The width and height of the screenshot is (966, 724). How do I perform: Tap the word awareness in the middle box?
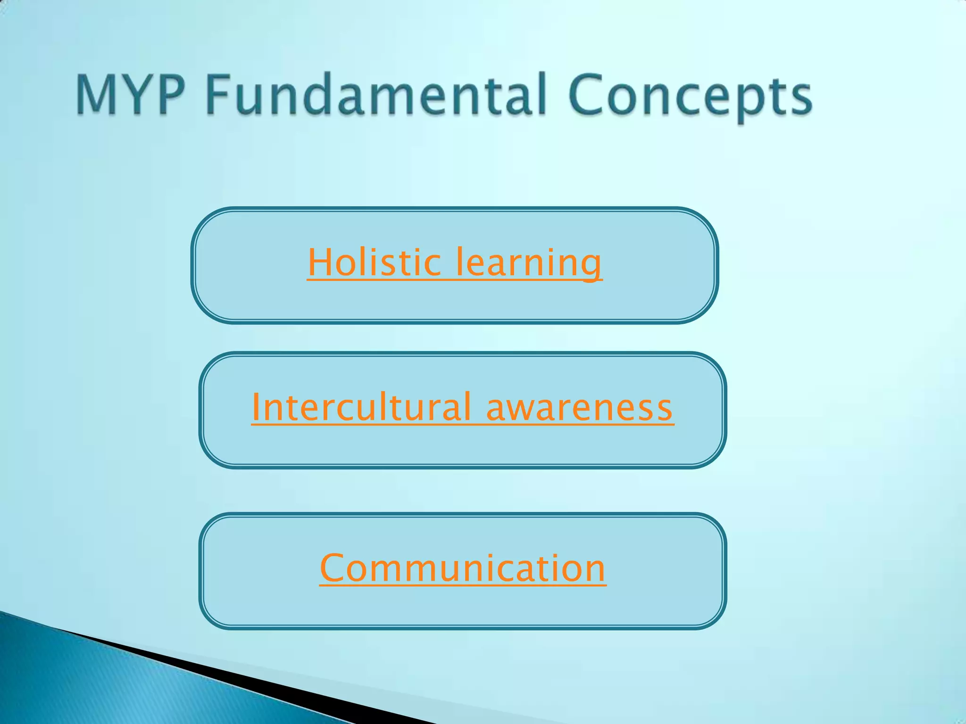pyautogui.click(x=579, y=408)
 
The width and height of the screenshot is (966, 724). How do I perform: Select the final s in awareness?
pyautogui.click(x=664, y=409)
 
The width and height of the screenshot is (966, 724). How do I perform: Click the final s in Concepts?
pyautogui.click(x=801, y=99)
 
